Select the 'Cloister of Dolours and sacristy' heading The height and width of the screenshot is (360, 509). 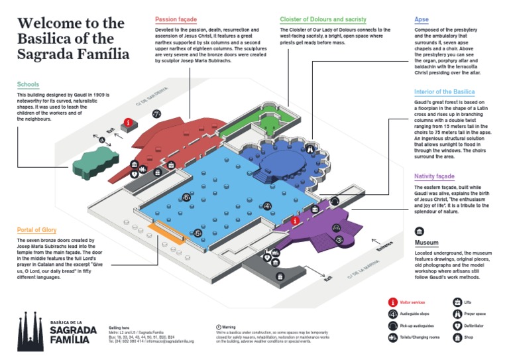(x=323, y=20)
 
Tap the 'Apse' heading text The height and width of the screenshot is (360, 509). (x=422, y=20)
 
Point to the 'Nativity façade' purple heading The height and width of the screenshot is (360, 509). (x=434, y=176)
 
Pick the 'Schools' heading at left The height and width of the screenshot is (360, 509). (x=28, y=85)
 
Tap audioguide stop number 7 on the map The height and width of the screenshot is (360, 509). (x=156, y=113)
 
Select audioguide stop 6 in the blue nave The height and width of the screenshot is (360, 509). (x=186, y=197)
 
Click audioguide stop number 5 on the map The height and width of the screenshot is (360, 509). (x=197, y=233)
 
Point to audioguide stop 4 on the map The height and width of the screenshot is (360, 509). (x=266, y=206)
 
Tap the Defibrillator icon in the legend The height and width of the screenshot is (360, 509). (x=457, y=326)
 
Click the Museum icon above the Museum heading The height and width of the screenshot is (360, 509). (x=420, y=231)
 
